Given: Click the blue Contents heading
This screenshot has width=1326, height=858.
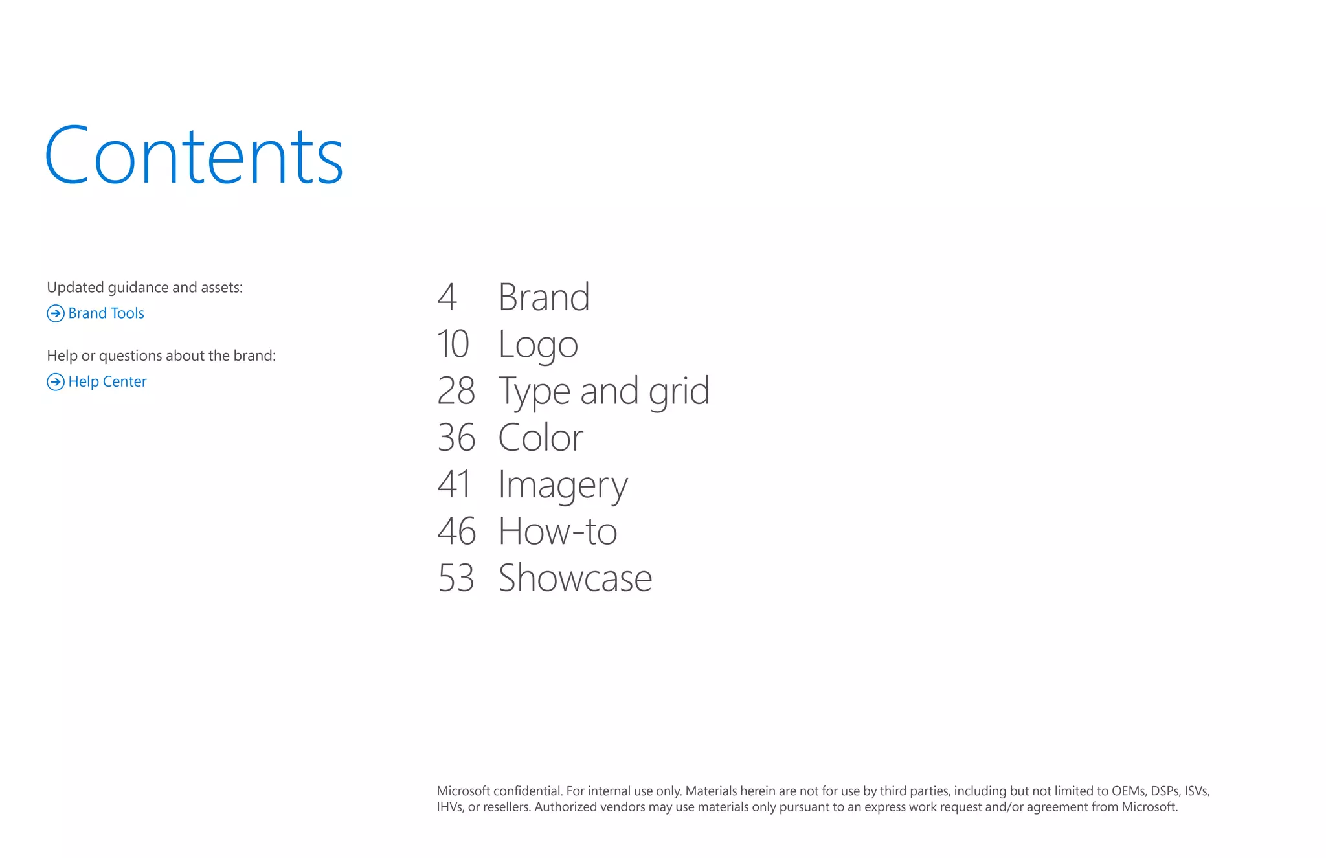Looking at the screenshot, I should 194,155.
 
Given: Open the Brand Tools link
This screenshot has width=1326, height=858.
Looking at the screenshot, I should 106,313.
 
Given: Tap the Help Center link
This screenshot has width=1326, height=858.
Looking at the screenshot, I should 107,382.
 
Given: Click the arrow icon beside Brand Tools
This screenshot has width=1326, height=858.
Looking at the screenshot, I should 56,313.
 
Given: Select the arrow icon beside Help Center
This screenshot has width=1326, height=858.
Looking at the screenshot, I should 56,382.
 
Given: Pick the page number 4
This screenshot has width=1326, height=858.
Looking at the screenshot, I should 447,297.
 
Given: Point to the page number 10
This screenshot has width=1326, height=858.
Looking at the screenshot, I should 453,344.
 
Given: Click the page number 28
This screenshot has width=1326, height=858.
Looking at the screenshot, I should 456,391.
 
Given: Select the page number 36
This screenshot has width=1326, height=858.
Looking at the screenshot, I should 456,438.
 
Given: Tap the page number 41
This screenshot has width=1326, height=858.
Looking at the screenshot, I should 454,484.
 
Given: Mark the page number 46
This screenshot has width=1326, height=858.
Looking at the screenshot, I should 456,531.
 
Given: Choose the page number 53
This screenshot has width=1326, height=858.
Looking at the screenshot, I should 456,578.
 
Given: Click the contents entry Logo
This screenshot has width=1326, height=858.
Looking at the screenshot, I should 537,344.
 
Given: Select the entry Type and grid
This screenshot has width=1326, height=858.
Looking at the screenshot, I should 603,391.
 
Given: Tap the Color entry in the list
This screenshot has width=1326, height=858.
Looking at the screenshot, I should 541,438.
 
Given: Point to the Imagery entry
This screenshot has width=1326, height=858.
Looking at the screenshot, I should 563,484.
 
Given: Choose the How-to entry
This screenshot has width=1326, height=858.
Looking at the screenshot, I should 557,531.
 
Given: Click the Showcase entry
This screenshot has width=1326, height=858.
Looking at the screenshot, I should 575,578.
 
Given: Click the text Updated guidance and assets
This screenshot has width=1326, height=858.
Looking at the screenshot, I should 144,288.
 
